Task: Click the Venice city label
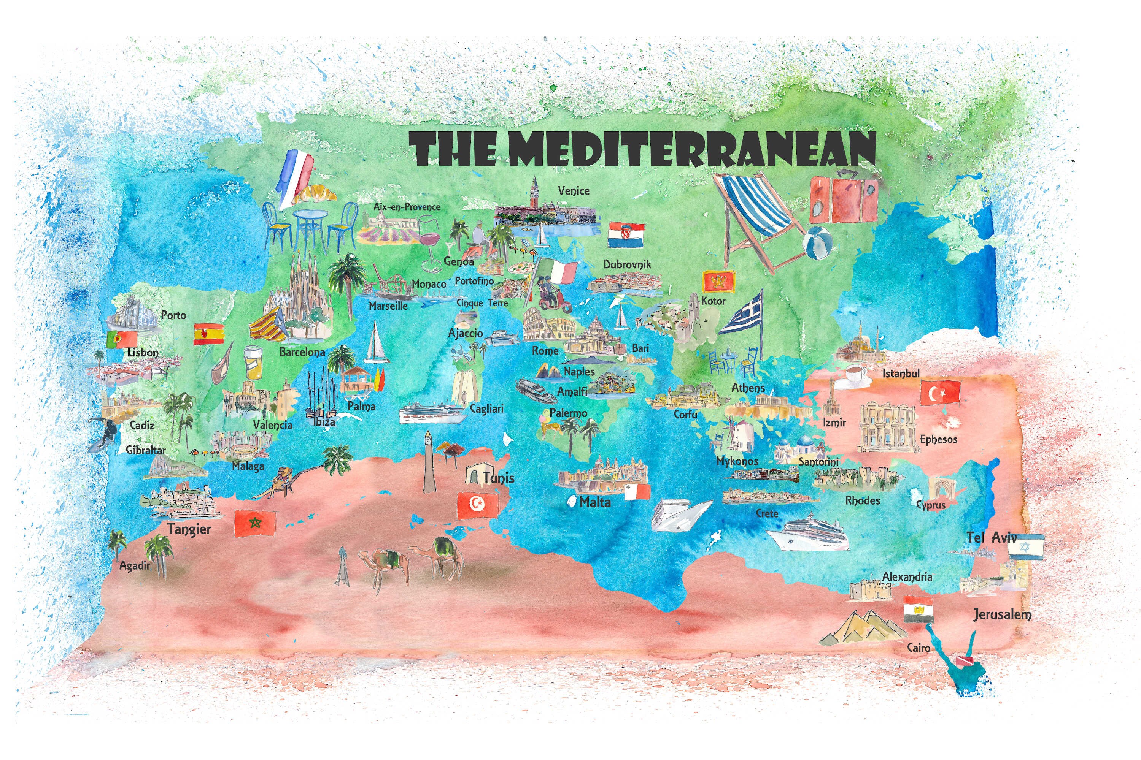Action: (574, 191)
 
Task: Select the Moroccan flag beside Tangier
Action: (255, 524)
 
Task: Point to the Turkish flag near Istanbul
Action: (940, 392)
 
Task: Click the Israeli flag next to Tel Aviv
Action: (1025, 546)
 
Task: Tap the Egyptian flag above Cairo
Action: (919, 610)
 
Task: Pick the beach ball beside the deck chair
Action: (818, 242)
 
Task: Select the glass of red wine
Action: (428, 242)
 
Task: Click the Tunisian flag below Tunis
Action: (478, 505)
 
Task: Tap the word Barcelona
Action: (302, 352)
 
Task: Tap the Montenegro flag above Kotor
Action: (719, 281)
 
